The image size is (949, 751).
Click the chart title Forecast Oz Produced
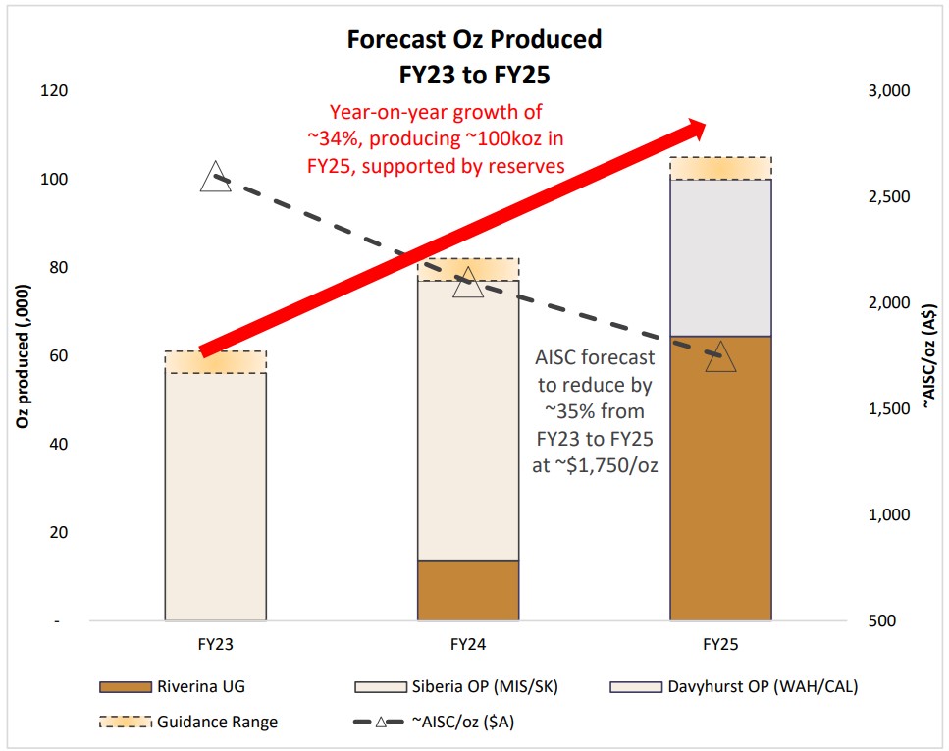click(474, 40)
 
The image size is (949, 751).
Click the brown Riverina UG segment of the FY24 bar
click(468, 590)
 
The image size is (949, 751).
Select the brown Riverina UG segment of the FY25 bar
click(720, 478)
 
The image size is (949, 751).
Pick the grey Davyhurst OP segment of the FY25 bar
click(720, 257)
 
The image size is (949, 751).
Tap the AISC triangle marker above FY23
click(215, 179)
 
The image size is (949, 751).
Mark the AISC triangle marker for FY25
click(720, 357)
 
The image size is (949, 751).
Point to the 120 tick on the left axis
click(54, 91)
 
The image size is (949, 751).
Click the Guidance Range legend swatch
click(125, 722)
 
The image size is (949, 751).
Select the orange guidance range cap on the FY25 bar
click(720, 168)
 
